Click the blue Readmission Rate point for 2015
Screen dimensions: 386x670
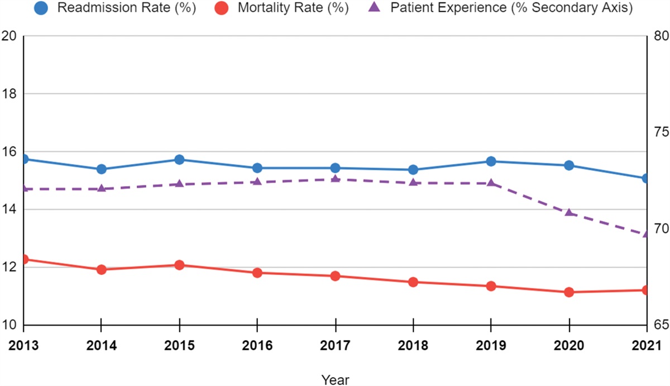coord(179,160)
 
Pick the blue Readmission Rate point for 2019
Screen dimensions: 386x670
coord(491,161)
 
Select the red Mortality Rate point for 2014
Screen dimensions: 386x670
coord(101,270)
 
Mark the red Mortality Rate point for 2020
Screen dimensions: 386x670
coord(569,292)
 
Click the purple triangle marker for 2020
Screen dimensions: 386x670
coord(569,212)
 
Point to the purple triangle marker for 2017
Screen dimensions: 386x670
coord(335,179)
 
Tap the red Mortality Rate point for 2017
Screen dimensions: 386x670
coord(335,276)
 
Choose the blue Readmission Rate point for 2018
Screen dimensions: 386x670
coord(413,170)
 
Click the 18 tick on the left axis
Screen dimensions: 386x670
coord(10,94)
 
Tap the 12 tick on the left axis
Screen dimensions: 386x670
coord(10,267)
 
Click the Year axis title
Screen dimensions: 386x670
coord(335,380)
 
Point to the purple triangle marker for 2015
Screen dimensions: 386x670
coord(179,183)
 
